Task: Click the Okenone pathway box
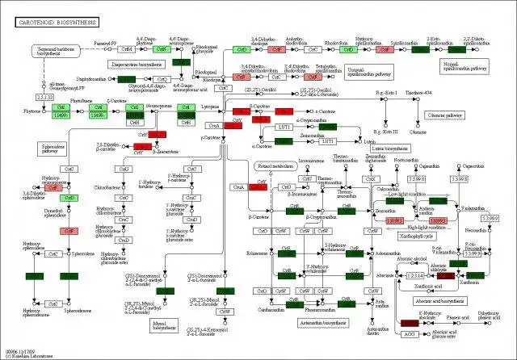[x=442, y=115]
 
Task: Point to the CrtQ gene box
[x=162, y=79]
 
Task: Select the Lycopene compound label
[x=209, y=106]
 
